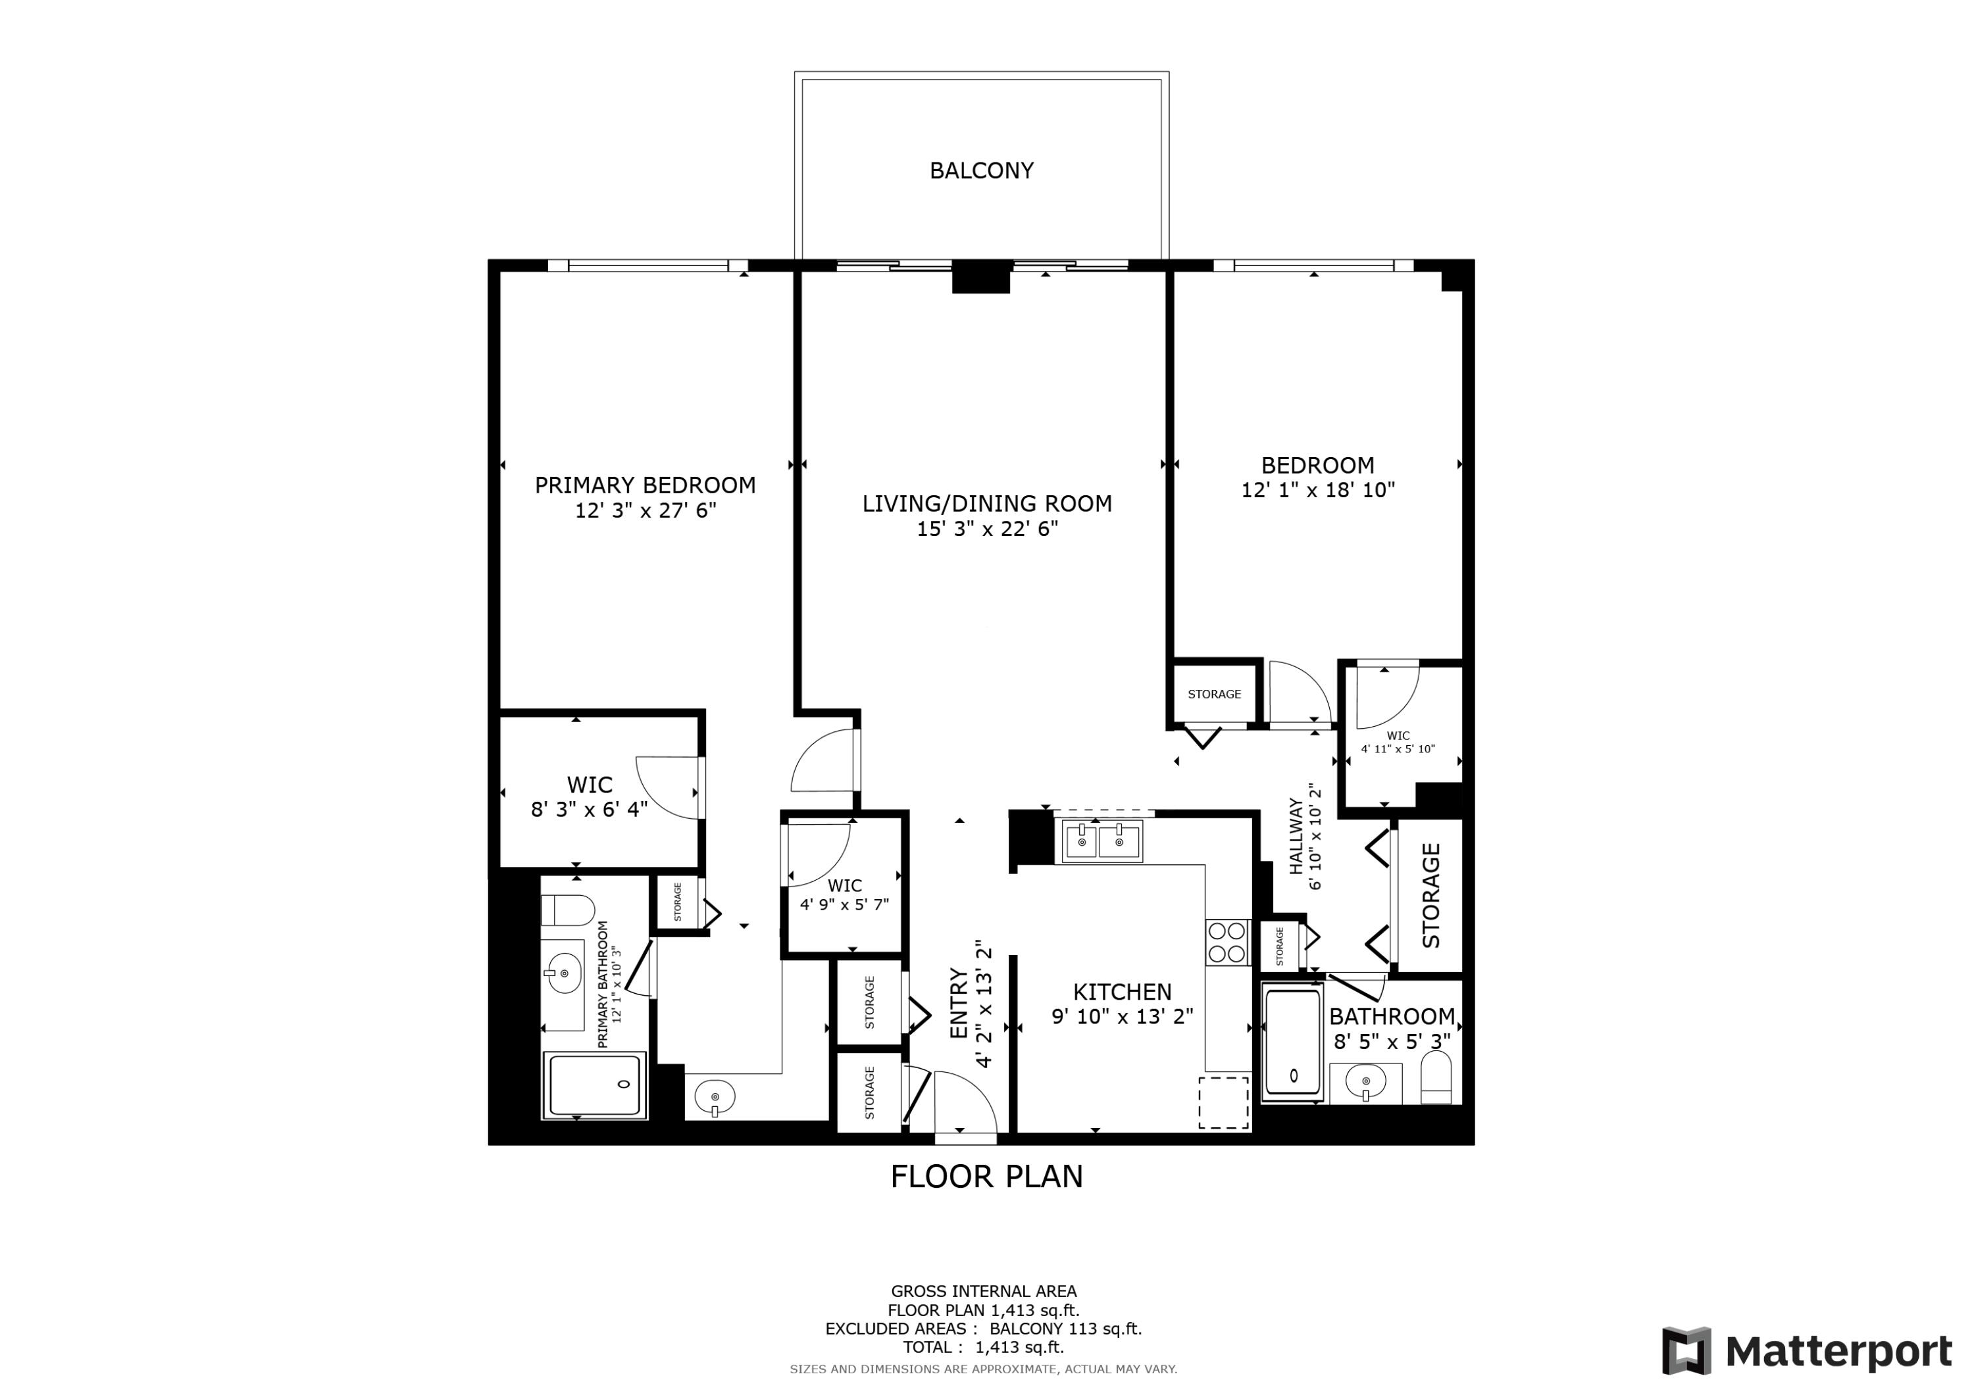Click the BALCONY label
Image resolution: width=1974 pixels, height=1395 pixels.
coord(981,170)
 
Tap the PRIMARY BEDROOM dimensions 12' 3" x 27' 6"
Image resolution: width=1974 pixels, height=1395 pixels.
coord(645,510)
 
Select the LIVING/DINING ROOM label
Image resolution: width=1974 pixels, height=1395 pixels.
coord(986,504)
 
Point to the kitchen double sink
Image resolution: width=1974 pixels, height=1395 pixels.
coord(1102,841)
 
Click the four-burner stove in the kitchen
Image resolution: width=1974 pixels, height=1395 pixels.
coord(1227,942)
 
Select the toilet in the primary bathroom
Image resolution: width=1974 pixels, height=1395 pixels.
coord(567,910)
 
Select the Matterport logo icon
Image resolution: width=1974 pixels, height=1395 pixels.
coord(1685,1350)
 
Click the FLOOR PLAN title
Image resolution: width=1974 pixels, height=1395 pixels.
coord(986,1176)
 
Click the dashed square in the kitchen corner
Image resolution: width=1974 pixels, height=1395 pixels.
coord(1223,1102)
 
